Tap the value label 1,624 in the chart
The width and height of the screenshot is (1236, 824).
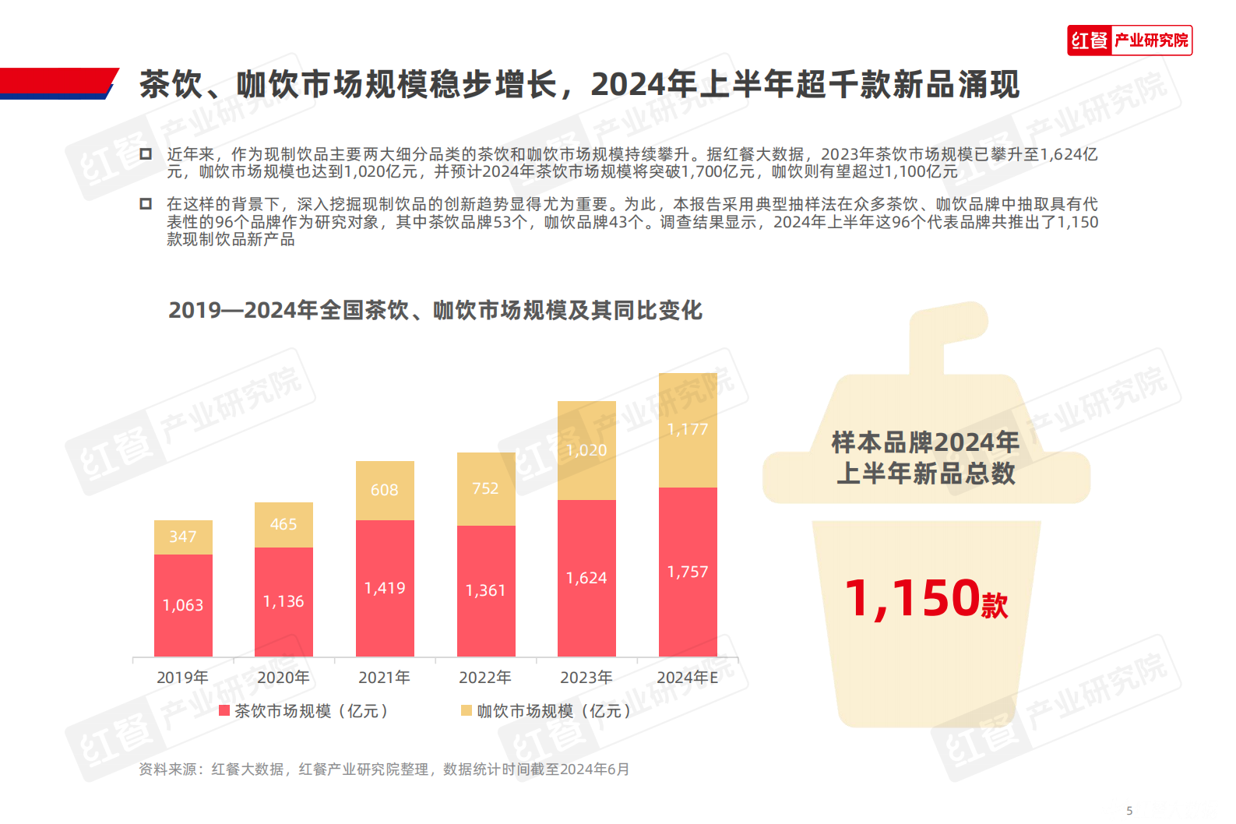click(586, 578)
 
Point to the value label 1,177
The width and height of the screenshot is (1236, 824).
click(688, 429)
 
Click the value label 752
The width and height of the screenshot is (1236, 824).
click(485, 488)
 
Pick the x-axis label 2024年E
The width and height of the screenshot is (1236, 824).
click(688, 678)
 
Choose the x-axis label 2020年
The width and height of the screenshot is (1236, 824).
click(283, 678)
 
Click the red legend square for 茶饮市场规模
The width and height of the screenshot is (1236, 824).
click(224, 710)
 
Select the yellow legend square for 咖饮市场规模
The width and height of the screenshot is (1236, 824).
click(467, 710)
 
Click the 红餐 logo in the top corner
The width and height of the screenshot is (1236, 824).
click(1129, 40)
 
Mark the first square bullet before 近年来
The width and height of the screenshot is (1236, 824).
click(146, 154)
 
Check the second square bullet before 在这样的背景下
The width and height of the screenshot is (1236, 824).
click(146, 204)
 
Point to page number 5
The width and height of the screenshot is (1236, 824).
click(1129, 811)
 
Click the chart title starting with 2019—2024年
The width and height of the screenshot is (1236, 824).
click(435, 311)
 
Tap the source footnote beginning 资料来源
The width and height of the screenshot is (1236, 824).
click(384, 769)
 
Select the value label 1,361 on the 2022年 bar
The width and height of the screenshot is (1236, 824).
click(485, 590)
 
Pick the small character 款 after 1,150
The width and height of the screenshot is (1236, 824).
click(995, 605)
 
